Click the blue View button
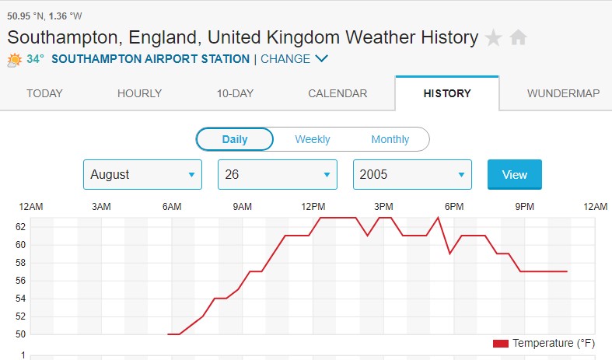point(514,175)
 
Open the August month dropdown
point(142,175)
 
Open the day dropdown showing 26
point(277,175)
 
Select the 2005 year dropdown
point(412,175)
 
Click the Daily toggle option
point(235,140)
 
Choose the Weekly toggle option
point(312,140)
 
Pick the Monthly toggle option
point(390,140)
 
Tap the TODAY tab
point(44,93)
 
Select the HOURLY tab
point(139,93)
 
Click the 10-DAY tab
point(235,93)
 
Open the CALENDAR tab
point(337,93)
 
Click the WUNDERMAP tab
point(563,93)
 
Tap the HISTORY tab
point(447,93)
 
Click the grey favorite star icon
point(493,37)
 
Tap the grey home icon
point(518,37)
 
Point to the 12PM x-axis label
point(313,206)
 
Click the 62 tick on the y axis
point(21,227)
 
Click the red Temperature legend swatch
point(500,343)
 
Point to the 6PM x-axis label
point(454,206)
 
